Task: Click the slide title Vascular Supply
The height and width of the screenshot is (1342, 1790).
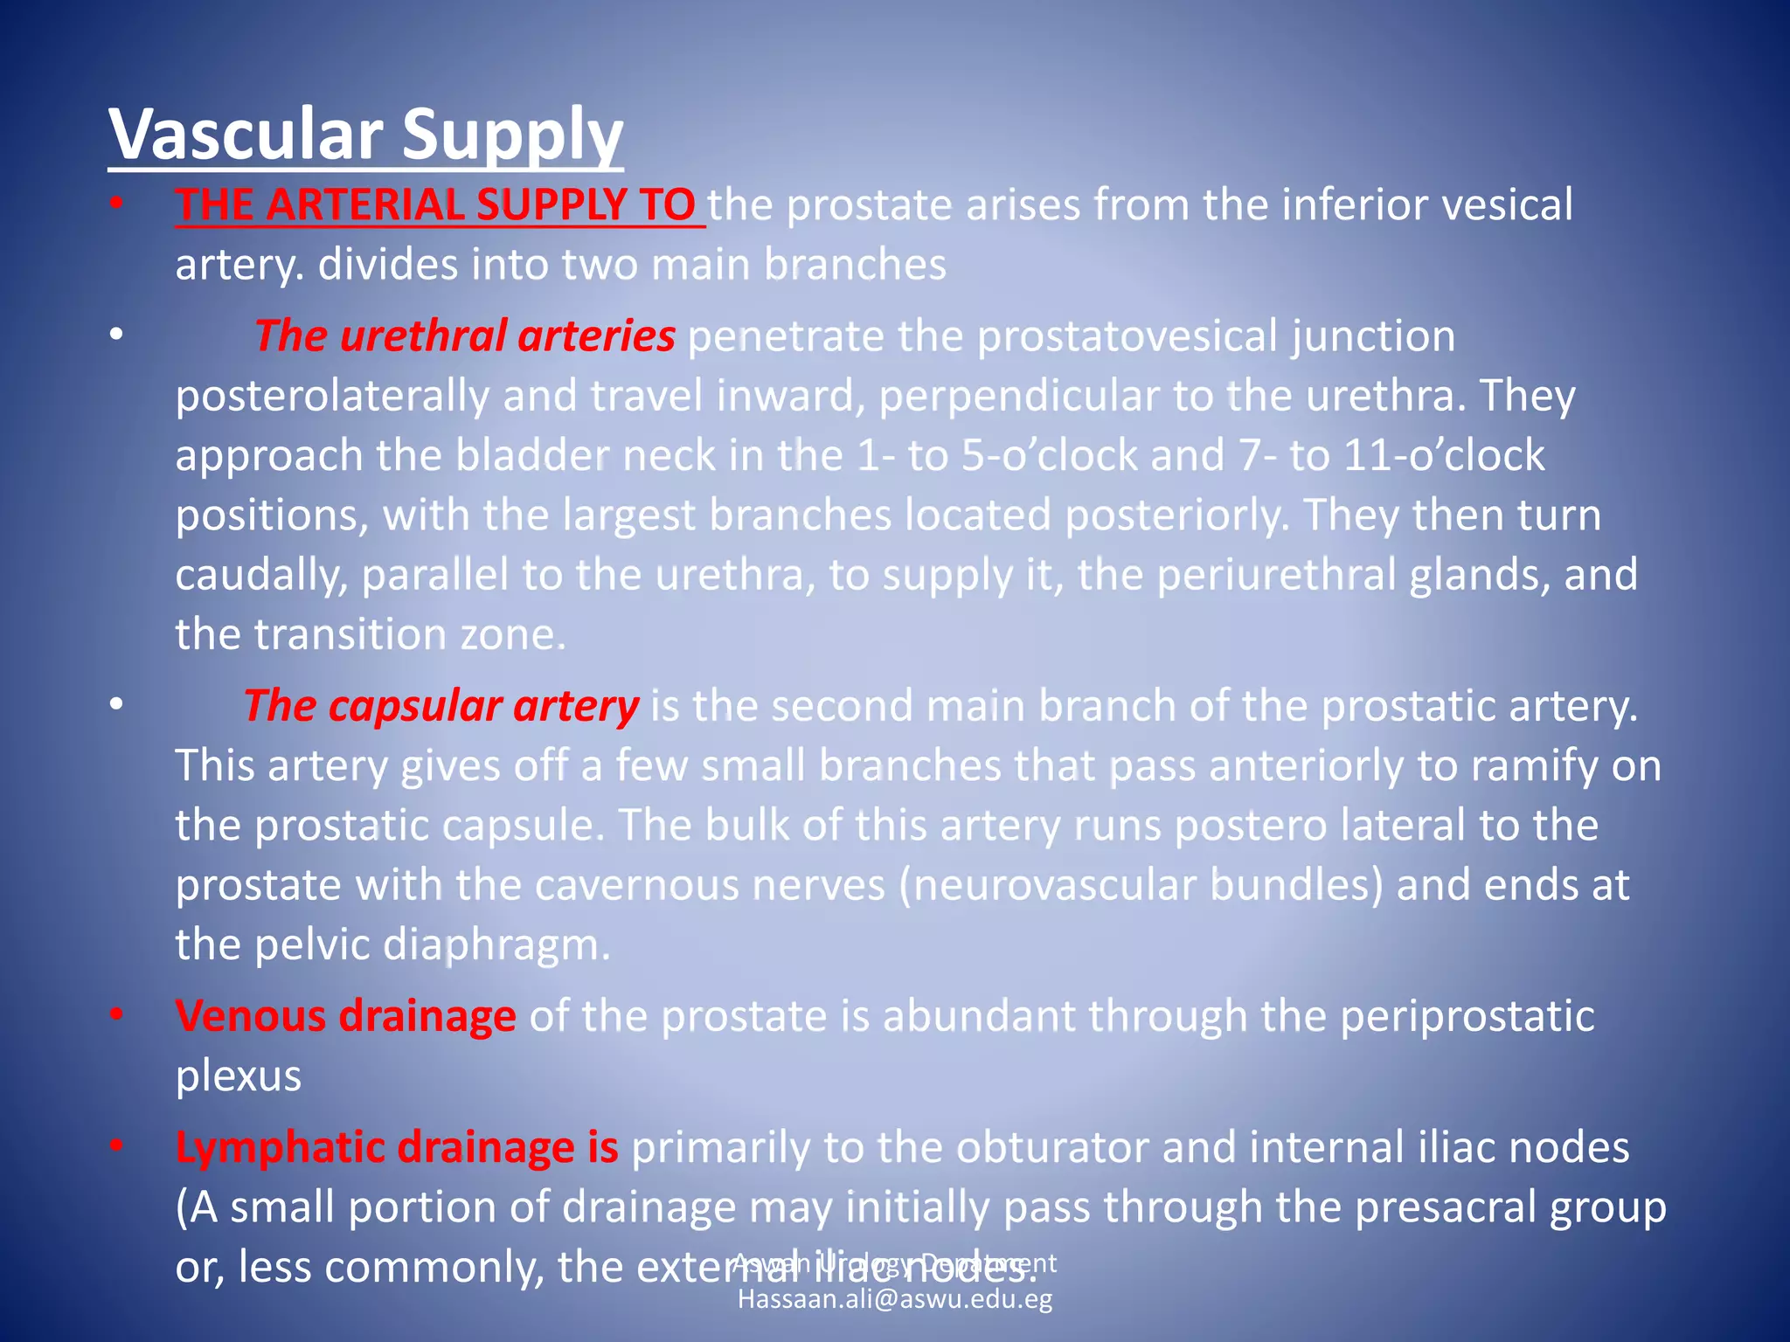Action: pyautogui.click(x=365, y=135)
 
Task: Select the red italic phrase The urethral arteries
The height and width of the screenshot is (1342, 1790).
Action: pyautogui.click(x=464, y=336)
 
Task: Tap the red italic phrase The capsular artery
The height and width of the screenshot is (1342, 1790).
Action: pyautogui.click(x=441, y=706)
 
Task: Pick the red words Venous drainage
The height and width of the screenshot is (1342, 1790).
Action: pyautogui.click(x=345, y=1016)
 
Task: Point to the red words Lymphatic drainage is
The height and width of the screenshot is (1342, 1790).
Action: pyautogui.click(x=397, y=1147)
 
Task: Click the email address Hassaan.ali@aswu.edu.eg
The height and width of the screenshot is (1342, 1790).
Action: pyautogui.click(x=895, y=1299)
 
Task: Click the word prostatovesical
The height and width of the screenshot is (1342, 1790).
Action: pyautogui.click(x=1127, y=336)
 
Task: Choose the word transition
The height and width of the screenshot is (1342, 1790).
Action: pyautogui.click(x=350, y=635)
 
